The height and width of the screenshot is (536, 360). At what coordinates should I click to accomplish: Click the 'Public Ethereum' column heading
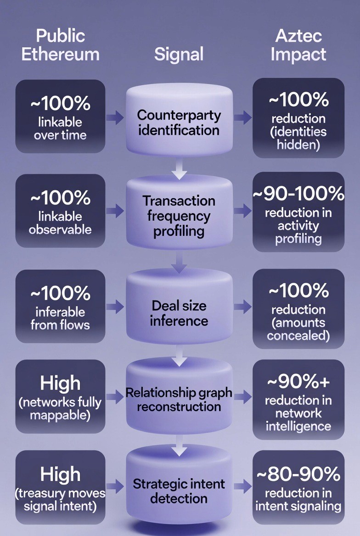[60, 45]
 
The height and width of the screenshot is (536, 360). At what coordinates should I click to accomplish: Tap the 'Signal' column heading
[179, 54]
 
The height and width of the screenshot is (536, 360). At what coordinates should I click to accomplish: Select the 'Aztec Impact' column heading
[298, 45]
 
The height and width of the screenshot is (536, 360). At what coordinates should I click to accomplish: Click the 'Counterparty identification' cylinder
[179, 122]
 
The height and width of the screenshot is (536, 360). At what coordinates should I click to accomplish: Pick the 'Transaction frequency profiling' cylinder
[179, 216]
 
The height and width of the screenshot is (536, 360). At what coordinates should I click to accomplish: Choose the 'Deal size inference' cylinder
[179, 313]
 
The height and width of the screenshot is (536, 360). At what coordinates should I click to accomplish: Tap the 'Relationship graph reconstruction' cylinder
[179, 400]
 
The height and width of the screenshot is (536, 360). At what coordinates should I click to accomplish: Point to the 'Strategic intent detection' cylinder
[179, 491]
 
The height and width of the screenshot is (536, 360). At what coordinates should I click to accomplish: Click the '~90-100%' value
[298, 194]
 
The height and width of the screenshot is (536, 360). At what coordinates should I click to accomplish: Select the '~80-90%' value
[298, 473]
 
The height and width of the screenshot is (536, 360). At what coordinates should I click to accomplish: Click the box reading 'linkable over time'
[60, 116]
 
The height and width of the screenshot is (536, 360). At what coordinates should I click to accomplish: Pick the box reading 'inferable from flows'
[60, 307]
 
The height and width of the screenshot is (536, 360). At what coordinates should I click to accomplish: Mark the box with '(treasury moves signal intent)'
[60, 487]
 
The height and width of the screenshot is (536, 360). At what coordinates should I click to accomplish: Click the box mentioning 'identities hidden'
[298, 118]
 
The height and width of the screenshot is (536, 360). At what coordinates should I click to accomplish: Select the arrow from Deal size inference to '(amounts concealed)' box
[242, 307]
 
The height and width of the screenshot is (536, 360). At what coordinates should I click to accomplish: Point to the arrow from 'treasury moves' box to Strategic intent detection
[115, 487]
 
